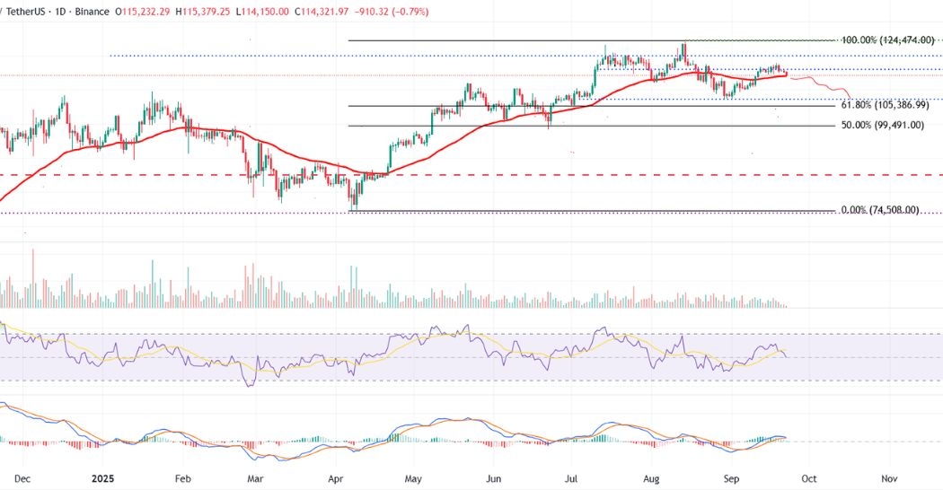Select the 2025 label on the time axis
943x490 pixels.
click(107, 479)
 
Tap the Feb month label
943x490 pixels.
click(183, 479)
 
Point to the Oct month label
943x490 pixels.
click(810, 479)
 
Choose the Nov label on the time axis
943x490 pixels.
click(888, 479)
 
